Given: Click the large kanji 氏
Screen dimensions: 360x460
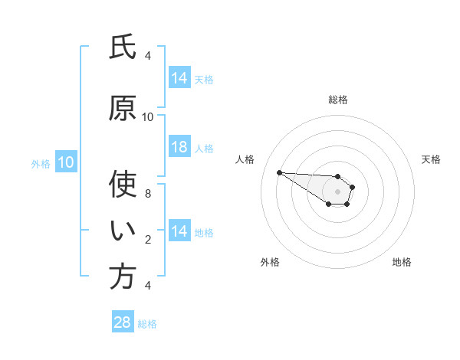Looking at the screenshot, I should (123, 47).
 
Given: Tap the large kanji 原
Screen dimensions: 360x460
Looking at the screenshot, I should (123, 109).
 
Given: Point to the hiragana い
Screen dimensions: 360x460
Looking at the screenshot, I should (123, 230).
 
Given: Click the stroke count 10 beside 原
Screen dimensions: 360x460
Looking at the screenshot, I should (148, 116).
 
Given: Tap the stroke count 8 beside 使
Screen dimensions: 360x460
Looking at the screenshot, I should (148, 193).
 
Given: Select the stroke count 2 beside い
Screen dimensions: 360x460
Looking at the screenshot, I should (148, 240).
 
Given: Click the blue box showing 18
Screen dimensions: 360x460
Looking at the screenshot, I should (179, 148).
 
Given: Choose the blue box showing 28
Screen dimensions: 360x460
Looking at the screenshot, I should (123, 322).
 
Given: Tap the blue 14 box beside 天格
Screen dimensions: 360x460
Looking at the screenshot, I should (179, 78).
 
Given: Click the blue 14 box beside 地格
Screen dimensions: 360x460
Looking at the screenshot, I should (179, 231).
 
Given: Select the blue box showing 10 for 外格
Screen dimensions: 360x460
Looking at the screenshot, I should (65, 162).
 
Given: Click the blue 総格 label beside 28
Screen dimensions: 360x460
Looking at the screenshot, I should (147, 324).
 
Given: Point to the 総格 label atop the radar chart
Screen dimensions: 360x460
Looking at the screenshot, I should (338, 100).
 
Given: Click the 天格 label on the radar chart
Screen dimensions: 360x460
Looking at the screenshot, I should (432, 159).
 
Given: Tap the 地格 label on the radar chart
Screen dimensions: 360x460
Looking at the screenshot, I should (402, 262).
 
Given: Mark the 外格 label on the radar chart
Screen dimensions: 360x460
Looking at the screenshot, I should (270, 262).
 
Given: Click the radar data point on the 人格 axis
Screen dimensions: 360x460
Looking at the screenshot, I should (279, 172).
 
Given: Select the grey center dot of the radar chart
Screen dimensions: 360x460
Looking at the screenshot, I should (337, 191).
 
